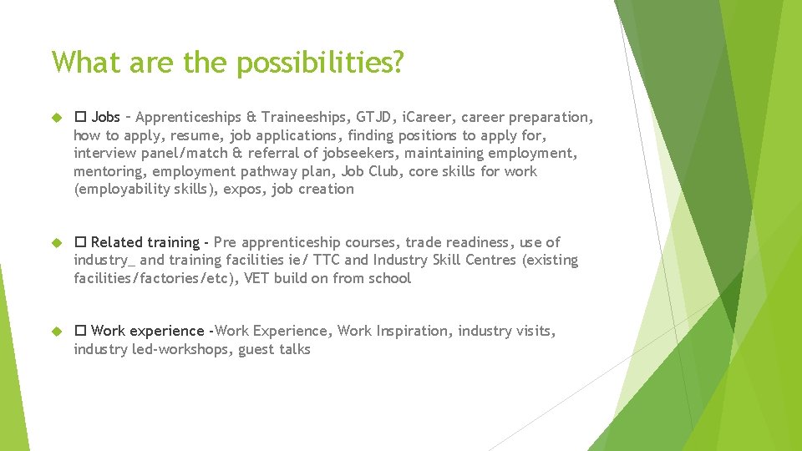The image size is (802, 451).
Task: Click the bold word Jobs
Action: coord(105,117)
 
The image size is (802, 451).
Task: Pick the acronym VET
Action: coord(256,279)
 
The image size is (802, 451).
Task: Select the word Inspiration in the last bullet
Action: coord(408,332)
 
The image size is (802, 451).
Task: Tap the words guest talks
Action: coord(274,350)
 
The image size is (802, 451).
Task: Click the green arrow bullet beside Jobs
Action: coord(57,117)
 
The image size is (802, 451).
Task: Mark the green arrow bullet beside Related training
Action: coord(57,242)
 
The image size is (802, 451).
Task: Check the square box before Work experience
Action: coord(80,332)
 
